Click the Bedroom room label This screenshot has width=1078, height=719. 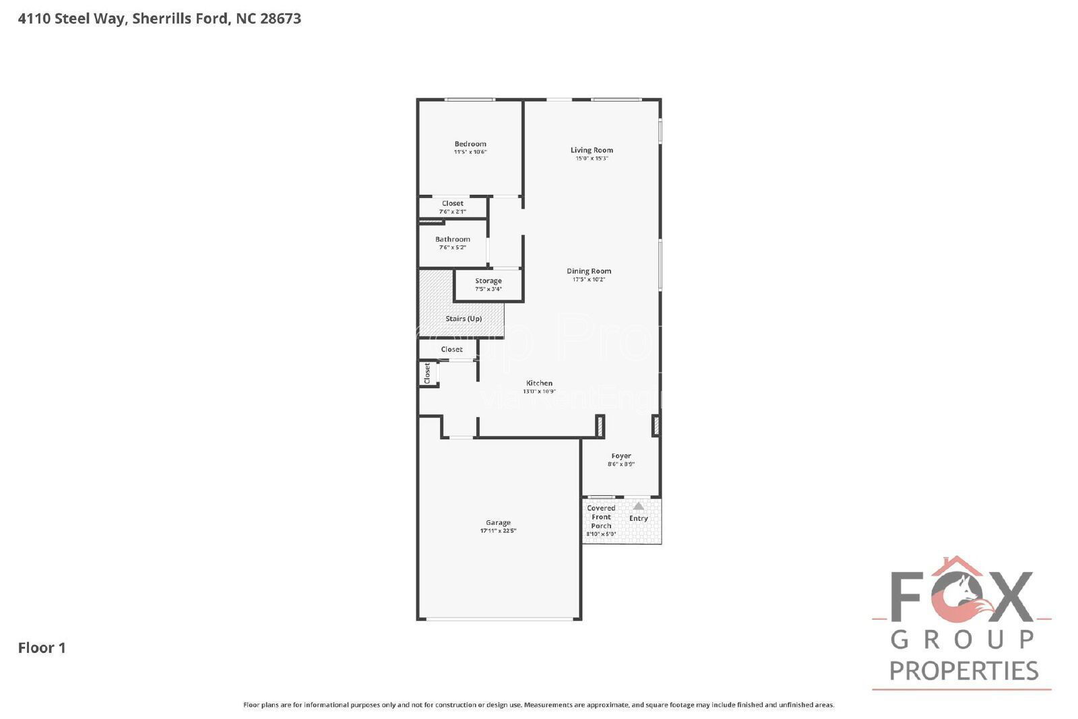coord(470,144)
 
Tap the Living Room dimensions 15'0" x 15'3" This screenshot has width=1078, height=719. coord(592,158)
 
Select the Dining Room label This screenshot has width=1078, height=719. coord(589,271)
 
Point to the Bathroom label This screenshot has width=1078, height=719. coord(453,239)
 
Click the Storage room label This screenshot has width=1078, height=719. coord(488,281)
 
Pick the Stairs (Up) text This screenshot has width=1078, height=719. coord(464,319)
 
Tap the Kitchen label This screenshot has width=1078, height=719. coord(539,383)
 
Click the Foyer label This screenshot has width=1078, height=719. coord(621,456)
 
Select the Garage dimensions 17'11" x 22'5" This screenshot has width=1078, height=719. coord(499,531)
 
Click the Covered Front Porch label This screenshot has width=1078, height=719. coord(601,517)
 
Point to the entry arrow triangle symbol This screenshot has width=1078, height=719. coord(638,505)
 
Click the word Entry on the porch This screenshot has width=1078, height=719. coord(639,518)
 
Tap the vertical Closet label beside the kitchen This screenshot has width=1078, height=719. coord(427,373)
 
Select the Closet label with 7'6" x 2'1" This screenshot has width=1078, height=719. coord(453,204)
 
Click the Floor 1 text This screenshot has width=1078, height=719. coord(42,648)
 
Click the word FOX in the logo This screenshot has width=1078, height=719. coord(962,597)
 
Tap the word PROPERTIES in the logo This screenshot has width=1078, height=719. coord(963,670)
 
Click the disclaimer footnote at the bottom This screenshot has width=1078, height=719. coord(538,705)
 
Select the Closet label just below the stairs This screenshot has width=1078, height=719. coord(451,349)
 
